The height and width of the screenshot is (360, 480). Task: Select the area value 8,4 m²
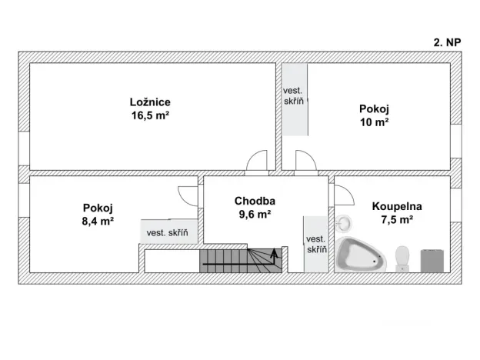point(98,220)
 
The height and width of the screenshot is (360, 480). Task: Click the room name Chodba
point(255,201)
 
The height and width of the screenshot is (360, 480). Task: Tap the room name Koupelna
point(397,206)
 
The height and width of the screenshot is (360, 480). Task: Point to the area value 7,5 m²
point(397,220)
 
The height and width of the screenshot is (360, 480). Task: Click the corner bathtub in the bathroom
point(358,255)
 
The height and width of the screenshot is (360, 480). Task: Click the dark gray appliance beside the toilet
point(433,259)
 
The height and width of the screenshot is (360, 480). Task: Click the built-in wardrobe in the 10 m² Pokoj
point(295,98)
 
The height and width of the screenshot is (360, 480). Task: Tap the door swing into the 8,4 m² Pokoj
point(189,195)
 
